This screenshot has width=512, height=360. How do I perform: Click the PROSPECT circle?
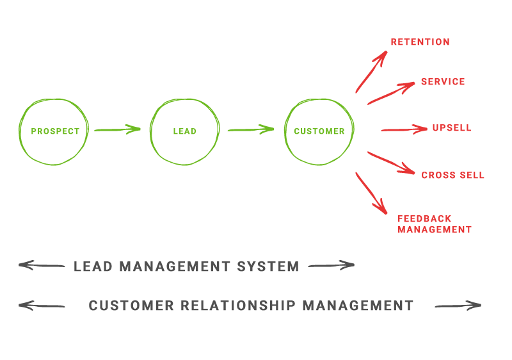coord(54,131)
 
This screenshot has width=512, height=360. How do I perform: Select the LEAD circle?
coord(185,131)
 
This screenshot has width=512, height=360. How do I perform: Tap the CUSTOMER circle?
coord(319,131)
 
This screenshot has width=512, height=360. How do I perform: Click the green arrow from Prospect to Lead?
coord(117,129)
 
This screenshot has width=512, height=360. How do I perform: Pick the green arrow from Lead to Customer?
coord(251,129)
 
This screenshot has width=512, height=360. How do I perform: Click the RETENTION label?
coord(420,42)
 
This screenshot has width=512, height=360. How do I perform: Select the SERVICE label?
coord(443,82)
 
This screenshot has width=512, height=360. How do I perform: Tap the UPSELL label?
coord(452,127)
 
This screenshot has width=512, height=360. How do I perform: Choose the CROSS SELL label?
coord(452,175)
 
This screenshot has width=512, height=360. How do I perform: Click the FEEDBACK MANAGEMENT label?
coord(435,224)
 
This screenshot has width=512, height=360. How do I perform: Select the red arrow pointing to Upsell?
coord(404,129)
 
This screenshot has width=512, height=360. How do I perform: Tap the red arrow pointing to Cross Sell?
coord(391,162)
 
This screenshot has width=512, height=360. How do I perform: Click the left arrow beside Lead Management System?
coord(42,265)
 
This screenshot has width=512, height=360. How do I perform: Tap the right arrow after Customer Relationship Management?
coord(458,306)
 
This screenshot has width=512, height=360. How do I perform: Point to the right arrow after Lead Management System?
coord(331,265)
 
